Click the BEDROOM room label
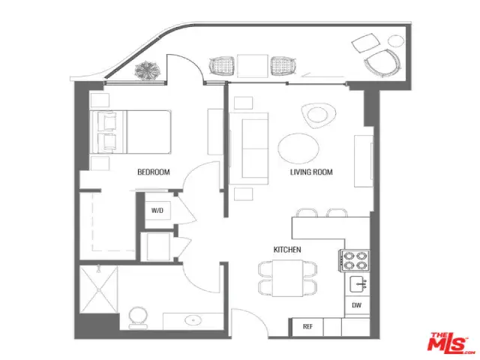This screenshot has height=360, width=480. click(x=153, y=172)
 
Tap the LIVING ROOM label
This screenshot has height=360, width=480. click(x=311, y=172)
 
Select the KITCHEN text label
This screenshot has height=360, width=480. click(x=287, y=250)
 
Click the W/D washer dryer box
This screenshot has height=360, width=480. click(x=157, y=211)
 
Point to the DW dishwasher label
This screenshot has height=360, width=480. click(x=357, y=305)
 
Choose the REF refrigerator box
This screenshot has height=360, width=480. click(x=307, y=327)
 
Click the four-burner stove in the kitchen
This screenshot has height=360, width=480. click(x=354, y=260)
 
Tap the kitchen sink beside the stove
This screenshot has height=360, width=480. click(x=359, y=283)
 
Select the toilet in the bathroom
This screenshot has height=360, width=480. click(x=138, y=318)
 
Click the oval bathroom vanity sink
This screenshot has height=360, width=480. click(x=193, y=320)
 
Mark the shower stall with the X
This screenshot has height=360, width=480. click(x=98, y=289)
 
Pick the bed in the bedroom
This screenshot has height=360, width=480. click(x=130, y=132)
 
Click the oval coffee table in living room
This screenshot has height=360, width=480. click(x=298, y=148)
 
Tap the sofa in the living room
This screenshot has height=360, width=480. click(x=249, y=148)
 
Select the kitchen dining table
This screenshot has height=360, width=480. click(x=287, y=278)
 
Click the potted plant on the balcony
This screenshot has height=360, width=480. click(x=148, y=70)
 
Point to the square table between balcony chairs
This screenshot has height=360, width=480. click(x=253, y=66)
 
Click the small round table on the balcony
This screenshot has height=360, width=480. click(x=396, y=40)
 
